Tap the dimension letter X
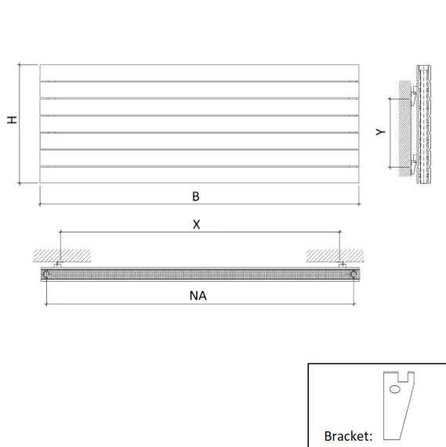click(197, 225)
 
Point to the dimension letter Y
click(380, 132)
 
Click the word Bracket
click(347, 435)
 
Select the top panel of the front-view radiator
click(199, 72)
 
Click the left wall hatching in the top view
click(60, 255)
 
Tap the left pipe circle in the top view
click(48, 274)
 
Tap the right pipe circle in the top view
click(354, 274)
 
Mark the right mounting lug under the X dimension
click(341, 265)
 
